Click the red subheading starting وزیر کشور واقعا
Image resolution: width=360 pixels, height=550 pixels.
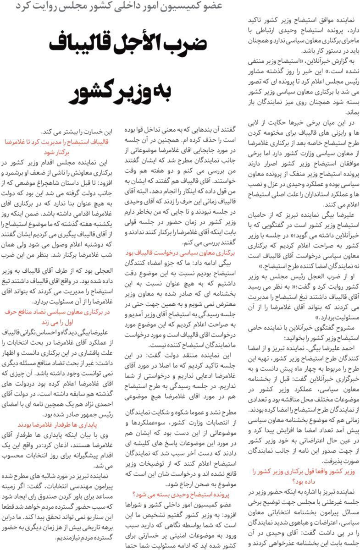pos(302,476)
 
